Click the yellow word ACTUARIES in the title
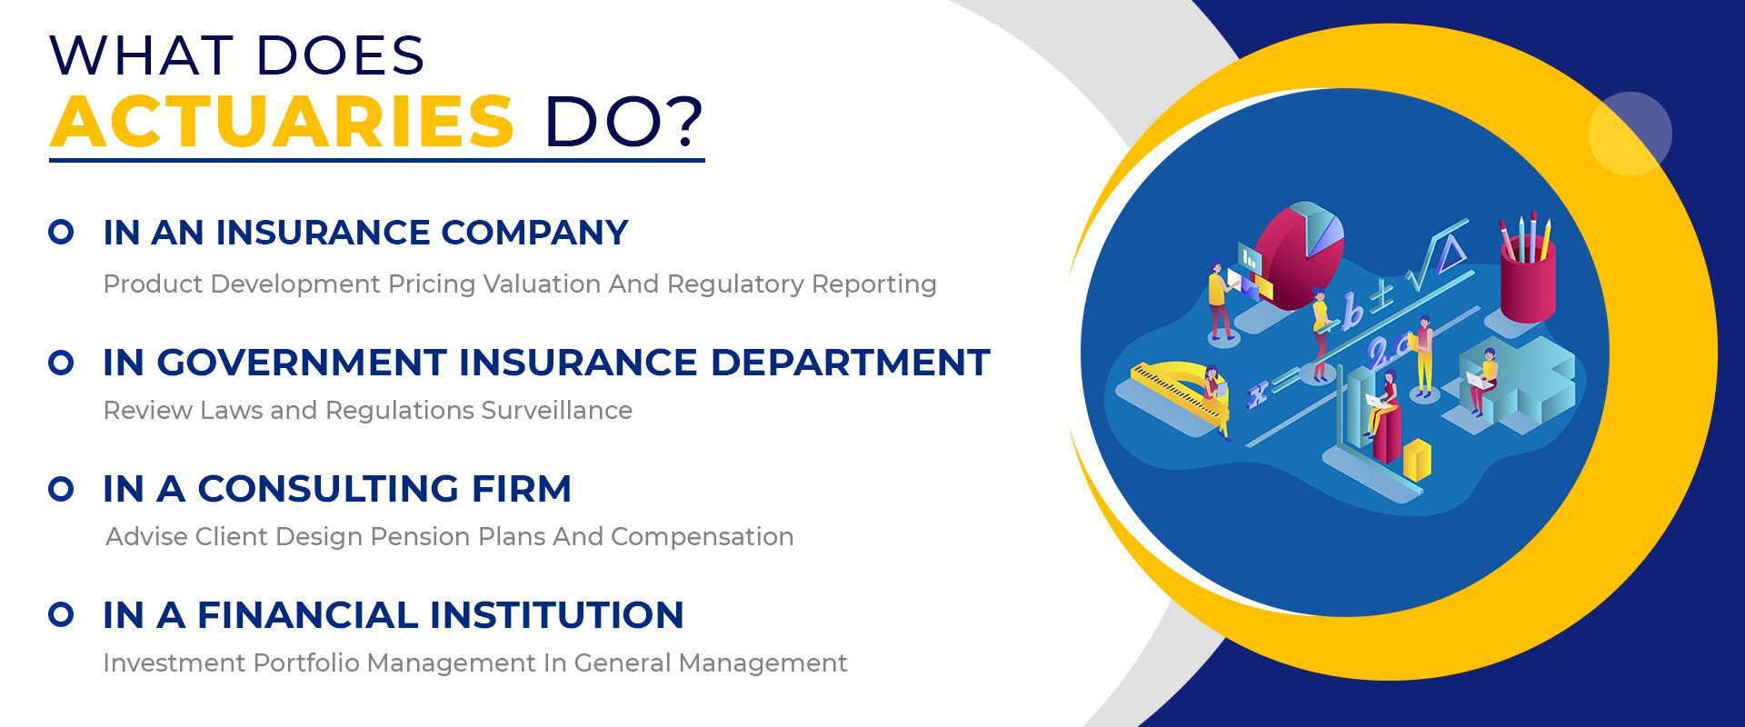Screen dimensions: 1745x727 tap(283, 121)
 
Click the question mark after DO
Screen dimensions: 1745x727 tap(683, 121)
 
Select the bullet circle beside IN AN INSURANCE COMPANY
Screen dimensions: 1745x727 tap(61, 232)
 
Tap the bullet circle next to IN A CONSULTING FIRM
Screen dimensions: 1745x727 tap(61, 489)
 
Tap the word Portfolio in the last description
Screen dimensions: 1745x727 tap(306, 662)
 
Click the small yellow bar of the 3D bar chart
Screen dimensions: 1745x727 tap(1418, 460)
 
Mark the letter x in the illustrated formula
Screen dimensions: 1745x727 tap(1258, 394)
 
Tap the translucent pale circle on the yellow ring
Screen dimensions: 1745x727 tap(1630, 134)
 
